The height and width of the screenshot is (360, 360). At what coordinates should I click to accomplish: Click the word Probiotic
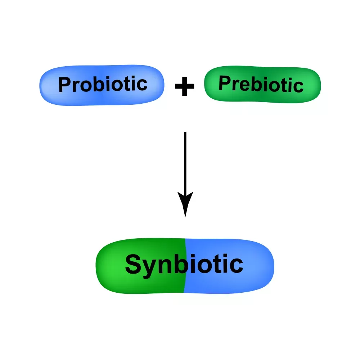pos(103,85)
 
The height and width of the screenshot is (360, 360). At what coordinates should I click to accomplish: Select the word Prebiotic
pos(261,85)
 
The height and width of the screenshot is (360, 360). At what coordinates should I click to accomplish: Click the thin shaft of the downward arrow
pos(185,162)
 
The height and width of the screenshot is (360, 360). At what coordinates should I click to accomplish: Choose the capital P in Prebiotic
pos(225,84)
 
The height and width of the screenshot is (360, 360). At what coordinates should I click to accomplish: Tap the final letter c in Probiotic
pos(142,84)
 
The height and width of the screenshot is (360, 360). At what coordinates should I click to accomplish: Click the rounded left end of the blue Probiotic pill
pos(45,86)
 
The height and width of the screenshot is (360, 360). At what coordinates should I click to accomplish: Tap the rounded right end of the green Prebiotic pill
pos(315,85)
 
